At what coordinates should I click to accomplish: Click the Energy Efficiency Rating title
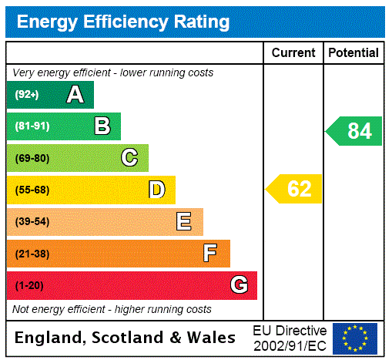pos(123,22)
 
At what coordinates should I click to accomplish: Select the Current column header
pos(293,53)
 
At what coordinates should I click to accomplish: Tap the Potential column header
pos(353,53)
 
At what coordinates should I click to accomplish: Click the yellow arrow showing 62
pos(294,189)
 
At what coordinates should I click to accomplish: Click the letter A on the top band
pos(75,95)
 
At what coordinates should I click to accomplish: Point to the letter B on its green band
pos(102,126)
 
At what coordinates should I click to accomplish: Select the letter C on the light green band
pos(129,158)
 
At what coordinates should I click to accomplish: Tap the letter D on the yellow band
pos(156,190)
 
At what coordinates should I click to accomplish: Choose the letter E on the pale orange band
pos(184,222)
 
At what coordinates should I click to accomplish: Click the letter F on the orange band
pos(210,253)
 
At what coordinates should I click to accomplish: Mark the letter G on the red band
pos(239,285)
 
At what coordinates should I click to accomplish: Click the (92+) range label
pos(27,95)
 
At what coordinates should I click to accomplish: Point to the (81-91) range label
pos(32,126)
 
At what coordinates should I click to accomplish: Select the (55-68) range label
pos(32,190)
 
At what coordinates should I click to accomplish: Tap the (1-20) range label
pos(29,286)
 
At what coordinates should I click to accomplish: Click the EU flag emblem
pos(355,338)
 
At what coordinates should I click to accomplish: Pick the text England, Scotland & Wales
pos(126,338)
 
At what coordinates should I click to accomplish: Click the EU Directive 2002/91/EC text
pos(290,338)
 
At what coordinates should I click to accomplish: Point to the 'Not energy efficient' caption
pos(112,309)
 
